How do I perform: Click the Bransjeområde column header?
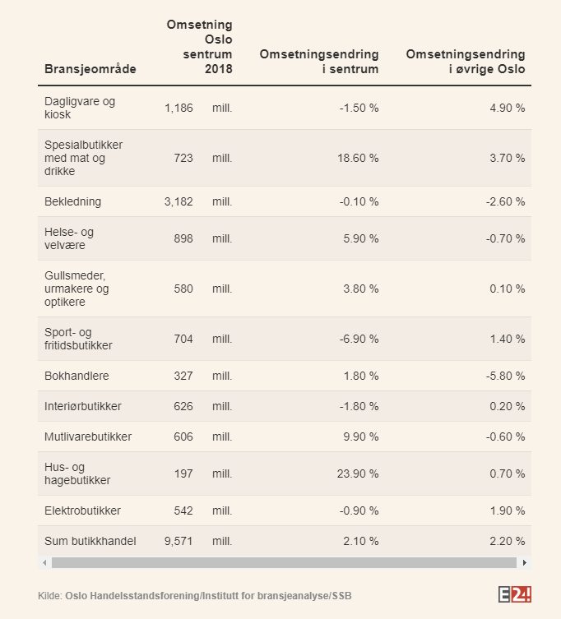[x=90, y=69]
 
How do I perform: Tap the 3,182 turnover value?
[x=178, y=201]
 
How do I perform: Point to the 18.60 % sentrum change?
[x=358, y=158]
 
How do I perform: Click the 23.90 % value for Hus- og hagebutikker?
[x=358, y=473]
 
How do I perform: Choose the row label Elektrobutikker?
[x=82, y=510]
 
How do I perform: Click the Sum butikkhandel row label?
[x=90, y=541]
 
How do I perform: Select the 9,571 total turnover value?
[x=178, y=541]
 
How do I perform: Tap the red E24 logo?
[x=516, y=594]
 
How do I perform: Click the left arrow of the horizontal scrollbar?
[x=44, y=563]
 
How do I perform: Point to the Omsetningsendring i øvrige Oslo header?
[x=466, y=62]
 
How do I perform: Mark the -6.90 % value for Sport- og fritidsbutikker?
[x=359, y=339]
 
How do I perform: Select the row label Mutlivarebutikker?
[x=88, y=437]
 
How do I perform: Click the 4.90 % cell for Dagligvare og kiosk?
[x=507, y=108]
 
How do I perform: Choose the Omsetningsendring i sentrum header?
[x=319, y=62]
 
